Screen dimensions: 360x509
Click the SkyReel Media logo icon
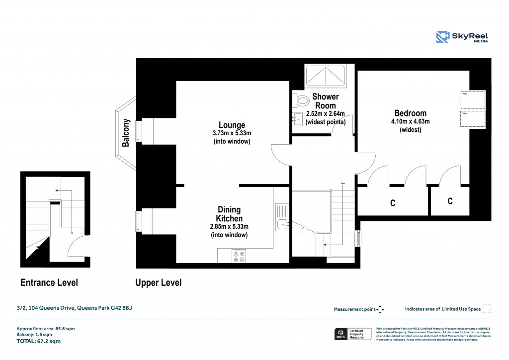point(443,37)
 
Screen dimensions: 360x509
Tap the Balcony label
point(126,133)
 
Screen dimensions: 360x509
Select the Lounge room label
point(232,125)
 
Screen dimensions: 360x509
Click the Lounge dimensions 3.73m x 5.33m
point(232,133)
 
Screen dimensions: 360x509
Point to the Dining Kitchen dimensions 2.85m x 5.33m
point(229,227)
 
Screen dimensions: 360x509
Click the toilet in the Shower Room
point(301,101)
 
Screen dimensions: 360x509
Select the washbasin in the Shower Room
point(298,119)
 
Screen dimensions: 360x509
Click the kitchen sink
point(282,225)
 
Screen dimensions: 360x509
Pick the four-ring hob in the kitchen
point(238,256)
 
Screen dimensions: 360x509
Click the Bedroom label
point(410,113)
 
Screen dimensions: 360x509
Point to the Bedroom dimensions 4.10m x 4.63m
point(410,121)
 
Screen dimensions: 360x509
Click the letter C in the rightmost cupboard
point(450,201)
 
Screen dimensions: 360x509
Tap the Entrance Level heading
point(49,283)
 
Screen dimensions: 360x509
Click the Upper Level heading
point(158,283)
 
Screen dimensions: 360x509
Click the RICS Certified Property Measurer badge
point(351,334)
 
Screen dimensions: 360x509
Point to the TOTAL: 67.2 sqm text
point(39,342)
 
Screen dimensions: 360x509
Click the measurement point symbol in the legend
point(380,309)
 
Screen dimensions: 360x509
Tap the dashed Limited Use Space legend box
point(487,309)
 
